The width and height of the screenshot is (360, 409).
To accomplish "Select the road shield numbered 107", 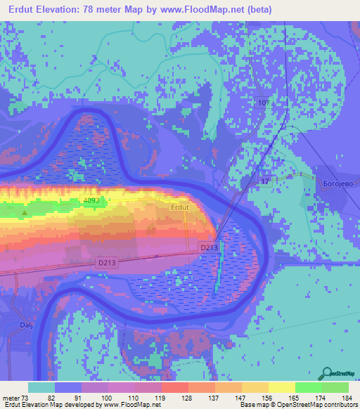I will coord(264,103).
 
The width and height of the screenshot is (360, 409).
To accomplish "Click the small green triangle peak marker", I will coord(25,212).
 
